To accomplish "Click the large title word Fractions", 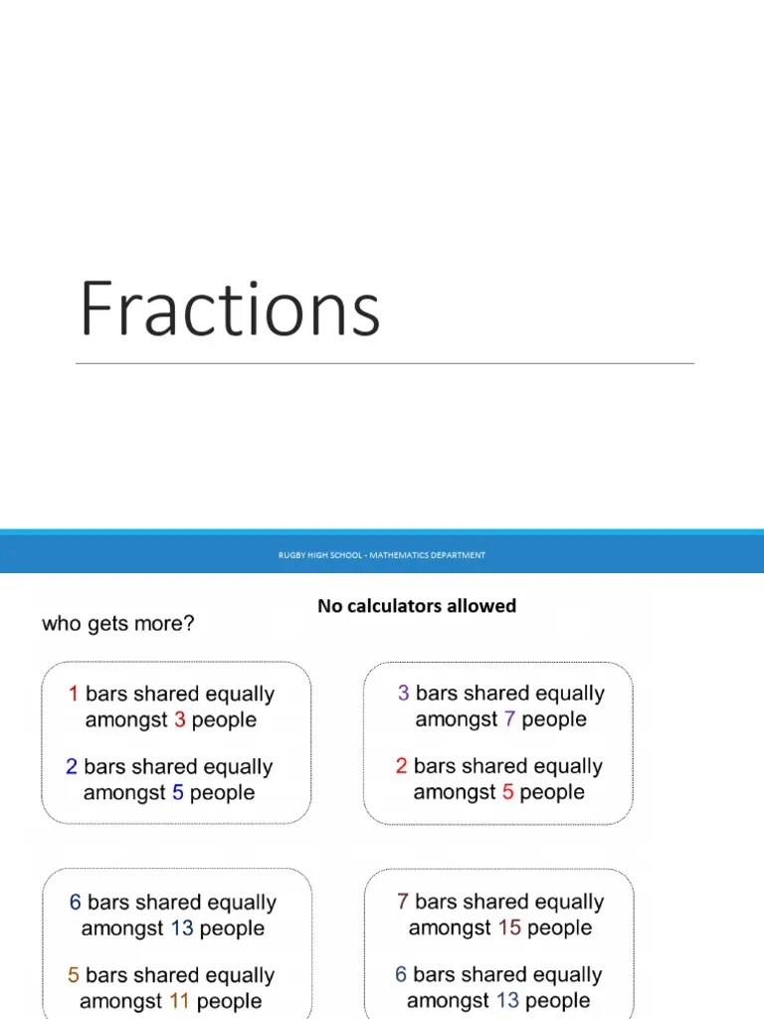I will pyautogui.click(x=230, y=308).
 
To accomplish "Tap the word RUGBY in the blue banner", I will pyautogui.click(x=290, y=555).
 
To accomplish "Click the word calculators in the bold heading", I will pyautogui.click(x=394, y=605).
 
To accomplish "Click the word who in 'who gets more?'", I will pyautogui.click(x=59, y=624).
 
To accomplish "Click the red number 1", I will pyautogui.click(x=74, y=694).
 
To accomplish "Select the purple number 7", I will pyautogui.click(x=509, y=719).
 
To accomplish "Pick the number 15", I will pyautogui.click(x=509, y=928).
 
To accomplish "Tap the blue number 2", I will pyautogui.click(x=72, y=767).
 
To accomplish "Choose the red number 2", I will pyautogui.click(x=401, y=766).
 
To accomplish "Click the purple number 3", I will pyautogui.click(x=403, y=694).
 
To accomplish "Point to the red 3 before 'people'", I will pyautogui.click(x=179, y=719).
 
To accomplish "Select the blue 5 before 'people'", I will pyautogui.click(x=177, y=793).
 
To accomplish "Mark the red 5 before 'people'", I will pyautogui.click(x=507, y=792).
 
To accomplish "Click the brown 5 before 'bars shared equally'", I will pyautogui.click(x=74, y=975).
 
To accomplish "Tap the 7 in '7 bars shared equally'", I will pyautogui.click(x=403, y=902).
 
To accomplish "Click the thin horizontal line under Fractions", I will pyautogui.click(x=385, y=364).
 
